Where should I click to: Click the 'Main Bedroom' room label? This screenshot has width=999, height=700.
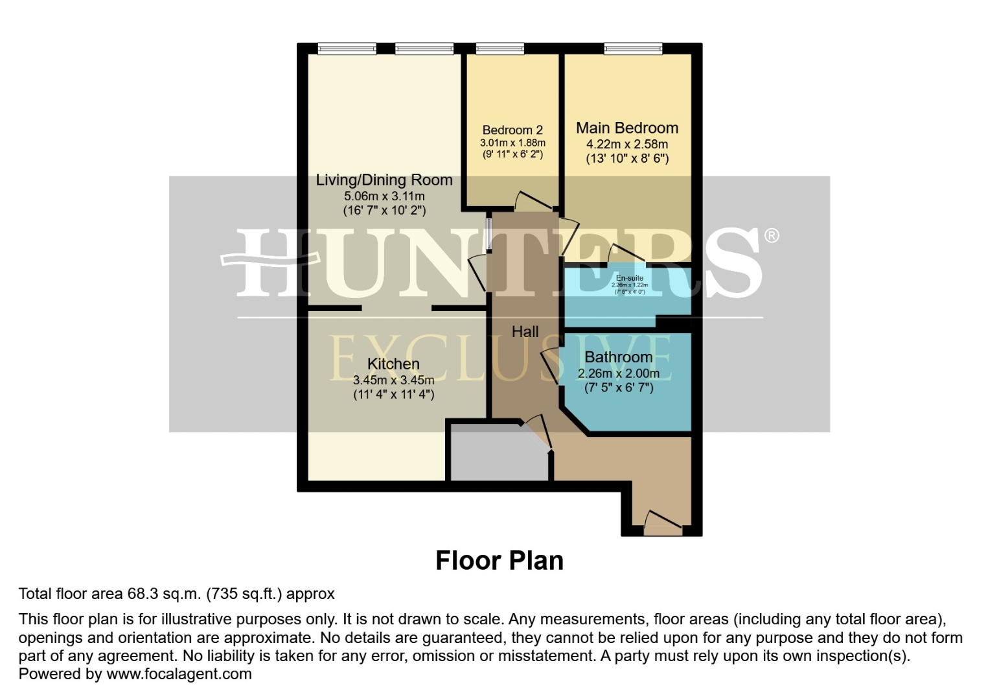(627, 128)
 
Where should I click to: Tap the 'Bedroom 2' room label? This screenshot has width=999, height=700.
(512, 130)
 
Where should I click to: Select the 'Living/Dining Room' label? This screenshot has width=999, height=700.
(384, 180)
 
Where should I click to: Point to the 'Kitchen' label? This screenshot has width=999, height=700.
(393, 364)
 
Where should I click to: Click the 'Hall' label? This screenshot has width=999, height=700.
(525, 332)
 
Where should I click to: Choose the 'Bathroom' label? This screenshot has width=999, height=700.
(618, 357)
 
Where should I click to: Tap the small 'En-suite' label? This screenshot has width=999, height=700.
(629, 278)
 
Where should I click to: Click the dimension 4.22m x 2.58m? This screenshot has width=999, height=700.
(627, 145)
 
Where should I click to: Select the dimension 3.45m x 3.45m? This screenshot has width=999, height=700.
(393, 380)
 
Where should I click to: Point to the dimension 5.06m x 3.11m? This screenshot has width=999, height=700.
(384, 196)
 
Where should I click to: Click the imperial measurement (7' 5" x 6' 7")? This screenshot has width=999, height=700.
(618, 388)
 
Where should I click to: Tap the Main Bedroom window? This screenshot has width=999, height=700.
(633, 49)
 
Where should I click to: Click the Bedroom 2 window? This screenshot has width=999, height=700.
(499, 49)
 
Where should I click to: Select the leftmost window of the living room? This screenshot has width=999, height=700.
(347, 49)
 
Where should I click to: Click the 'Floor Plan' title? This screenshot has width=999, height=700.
(499, 561)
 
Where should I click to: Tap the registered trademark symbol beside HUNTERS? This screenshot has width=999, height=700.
(771, 236)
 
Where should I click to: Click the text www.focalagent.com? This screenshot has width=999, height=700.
(179, 674)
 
